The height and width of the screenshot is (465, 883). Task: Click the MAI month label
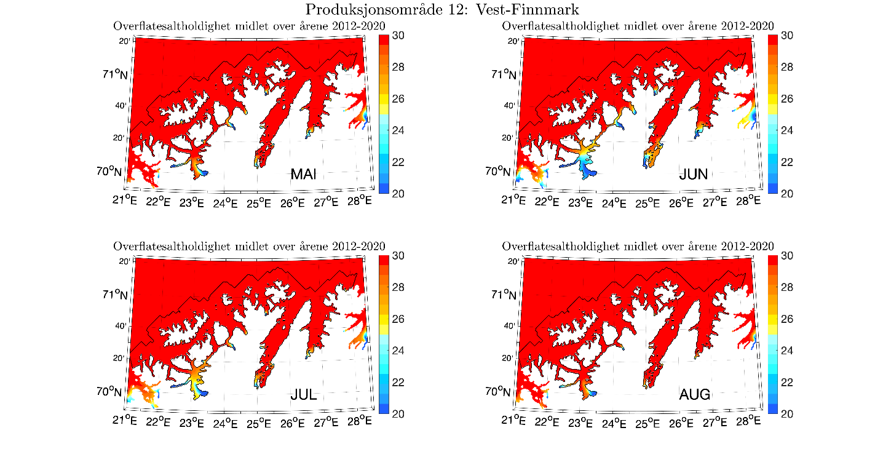[304, 175]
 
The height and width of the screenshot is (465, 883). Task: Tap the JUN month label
[693, 175]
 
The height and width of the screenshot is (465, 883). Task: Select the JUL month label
[304, 395]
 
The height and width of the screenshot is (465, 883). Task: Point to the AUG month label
[694, 395]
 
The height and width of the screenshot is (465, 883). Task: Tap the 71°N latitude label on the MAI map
[115, 74]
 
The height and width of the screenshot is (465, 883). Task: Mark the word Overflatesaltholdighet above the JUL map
[165, 246]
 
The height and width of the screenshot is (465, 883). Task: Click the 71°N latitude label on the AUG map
[504, 295]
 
